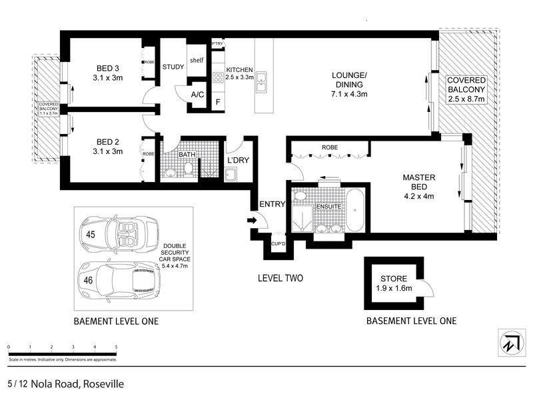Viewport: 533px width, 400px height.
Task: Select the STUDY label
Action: (173, 67)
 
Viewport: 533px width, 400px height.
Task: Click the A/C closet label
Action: (197, 95)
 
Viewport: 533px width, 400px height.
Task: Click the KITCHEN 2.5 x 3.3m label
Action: (239, 73)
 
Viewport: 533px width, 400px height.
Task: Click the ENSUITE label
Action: (329, 207)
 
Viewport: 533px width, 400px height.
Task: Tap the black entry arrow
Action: (251, 219)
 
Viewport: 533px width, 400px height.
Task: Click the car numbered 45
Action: (120, 234)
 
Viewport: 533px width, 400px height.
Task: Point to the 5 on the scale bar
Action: (116, 347)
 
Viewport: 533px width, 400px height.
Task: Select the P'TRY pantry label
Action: (217, 44)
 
